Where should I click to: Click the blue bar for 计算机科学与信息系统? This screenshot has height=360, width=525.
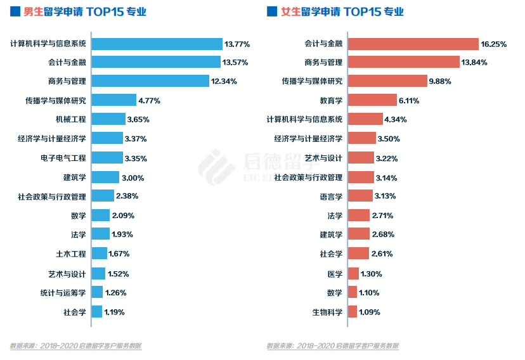pyautogui.click(x=157, y=44)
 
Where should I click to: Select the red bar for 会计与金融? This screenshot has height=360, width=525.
pyautogui.click(x=413, y=44)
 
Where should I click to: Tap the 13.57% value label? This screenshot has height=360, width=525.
pyautogui.click(x=235, y=63)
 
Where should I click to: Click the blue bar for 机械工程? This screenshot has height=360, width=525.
pyautogui.click(x=108, y=119)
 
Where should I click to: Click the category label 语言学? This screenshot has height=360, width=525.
pyautogui.click(x=331, y=196)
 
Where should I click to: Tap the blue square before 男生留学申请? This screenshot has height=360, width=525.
pyautogui.click(x=14, y=11)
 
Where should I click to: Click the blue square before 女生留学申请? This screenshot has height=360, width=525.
pyautogui.click(x=271, y=11)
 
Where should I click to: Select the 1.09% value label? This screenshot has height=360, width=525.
pyautogui.click(x=370, y=312)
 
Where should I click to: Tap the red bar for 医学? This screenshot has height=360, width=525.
pyautogui.click(x=353, y=274)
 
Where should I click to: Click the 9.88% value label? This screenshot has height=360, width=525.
pyautogui.click(x=441, y=81)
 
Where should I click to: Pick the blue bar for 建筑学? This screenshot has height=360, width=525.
pyautogui.click(x=105, y=177)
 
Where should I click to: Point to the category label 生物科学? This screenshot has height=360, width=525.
pyautogui.click(x=327, y=312)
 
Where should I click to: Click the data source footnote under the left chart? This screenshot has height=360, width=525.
pyautogui.click(x=75, y=346)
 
